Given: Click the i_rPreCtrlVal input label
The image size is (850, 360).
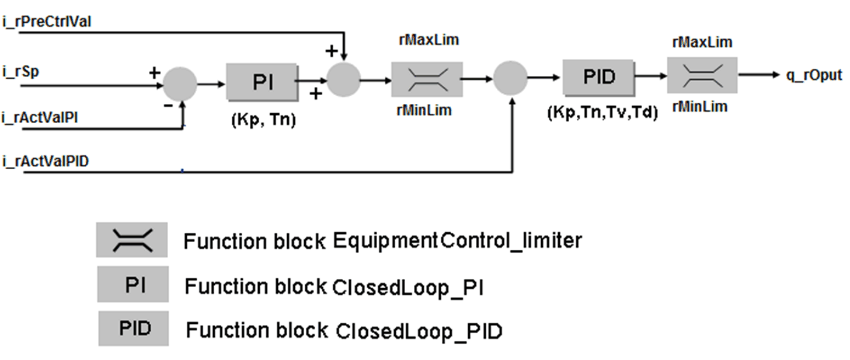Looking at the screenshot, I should [x=47, y=22].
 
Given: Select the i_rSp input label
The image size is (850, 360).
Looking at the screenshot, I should [x=22, y=72].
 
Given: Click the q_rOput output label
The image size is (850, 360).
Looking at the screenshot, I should [x=814, y=75].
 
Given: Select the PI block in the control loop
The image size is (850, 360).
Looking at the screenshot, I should [x=262, y=82].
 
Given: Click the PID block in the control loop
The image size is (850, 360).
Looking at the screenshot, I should [x=599, y=77].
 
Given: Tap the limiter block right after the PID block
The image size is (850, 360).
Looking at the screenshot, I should [x=702, y=75].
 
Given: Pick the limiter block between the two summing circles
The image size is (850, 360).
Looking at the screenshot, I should [x=427, y=79].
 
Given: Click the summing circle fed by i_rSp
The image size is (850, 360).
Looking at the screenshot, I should [x=179, y=84].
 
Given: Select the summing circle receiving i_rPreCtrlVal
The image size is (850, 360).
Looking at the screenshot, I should [x=343, y=79].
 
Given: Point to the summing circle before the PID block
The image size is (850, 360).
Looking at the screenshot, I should [x=510, y=79].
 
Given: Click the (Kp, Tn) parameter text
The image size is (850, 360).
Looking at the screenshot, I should [x=263, y=120].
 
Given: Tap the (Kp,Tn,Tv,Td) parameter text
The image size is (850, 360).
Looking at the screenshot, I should [x=602, y=114].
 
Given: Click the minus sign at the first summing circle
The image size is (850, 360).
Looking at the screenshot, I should [x=168, y=106].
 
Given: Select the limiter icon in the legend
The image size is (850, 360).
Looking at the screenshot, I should [x=132, y=239].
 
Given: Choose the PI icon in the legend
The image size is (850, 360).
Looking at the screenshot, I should [x=133, y=285].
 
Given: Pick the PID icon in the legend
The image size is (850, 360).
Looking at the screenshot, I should [x=133, y=328].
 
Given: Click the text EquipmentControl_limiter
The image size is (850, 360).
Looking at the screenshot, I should [x=457, y=240].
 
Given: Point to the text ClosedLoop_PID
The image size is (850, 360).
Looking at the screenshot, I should [x=419, y=331].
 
